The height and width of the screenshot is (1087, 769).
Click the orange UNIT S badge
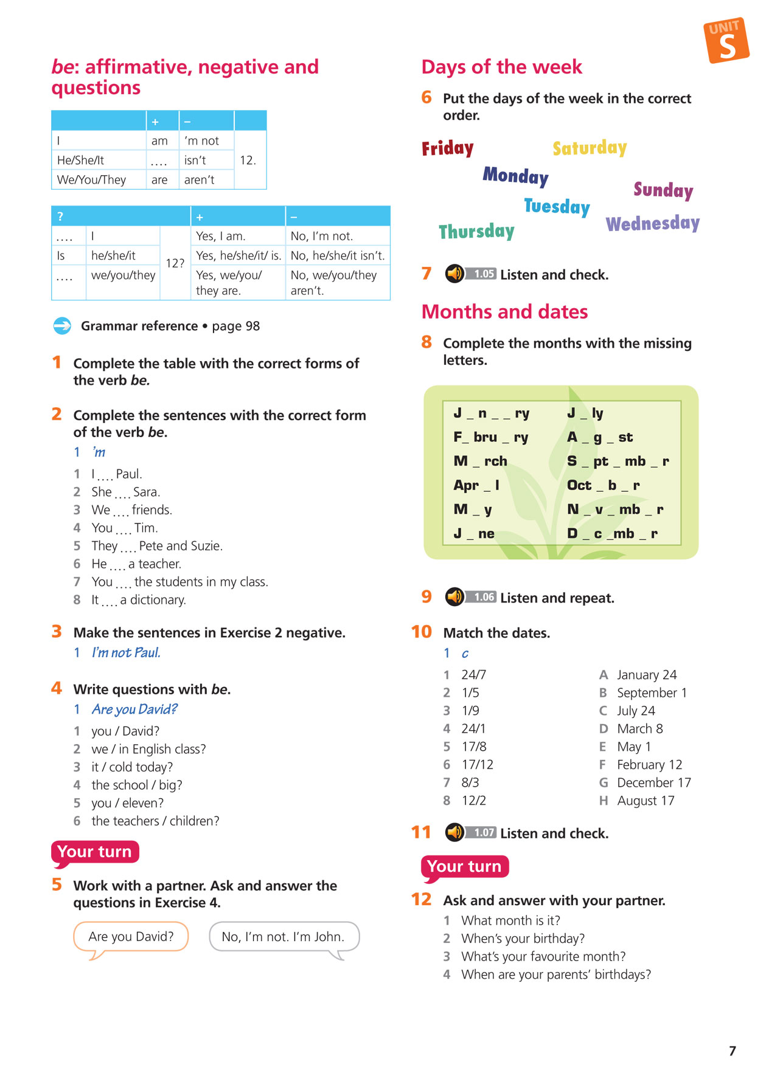(x=726, y=40)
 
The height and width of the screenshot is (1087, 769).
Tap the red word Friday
(x=448, y=148)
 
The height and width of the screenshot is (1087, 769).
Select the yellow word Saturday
(x=590, y=148)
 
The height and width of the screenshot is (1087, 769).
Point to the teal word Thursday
(x=476, y=231)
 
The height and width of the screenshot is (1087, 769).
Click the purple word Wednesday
(x=652, y=224)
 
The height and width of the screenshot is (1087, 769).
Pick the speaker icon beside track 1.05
(x=454, y=274)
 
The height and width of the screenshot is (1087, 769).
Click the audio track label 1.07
(x=484, y=832)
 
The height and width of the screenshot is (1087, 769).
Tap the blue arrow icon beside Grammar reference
(x=62, y=326)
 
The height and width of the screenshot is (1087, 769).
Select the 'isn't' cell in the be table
(x=195, y=160)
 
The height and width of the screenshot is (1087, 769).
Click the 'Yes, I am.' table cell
(x=220, y=236)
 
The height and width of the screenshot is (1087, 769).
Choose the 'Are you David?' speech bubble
(x=131, y=936)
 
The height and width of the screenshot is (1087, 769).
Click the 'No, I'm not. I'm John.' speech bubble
(x=283, y=936)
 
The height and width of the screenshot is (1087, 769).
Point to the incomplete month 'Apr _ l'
(x=476, y=485)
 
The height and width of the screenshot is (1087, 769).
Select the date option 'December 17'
(x=653, y=782)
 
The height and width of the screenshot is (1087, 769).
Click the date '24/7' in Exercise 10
(x=473, y=675)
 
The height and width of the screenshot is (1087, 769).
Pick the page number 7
(x=732, y=1051)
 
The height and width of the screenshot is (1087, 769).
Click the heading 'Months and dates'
(x=504, y=312)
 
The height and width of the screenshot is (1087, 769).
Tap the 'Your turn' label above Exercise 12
(x=464, y=866)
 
